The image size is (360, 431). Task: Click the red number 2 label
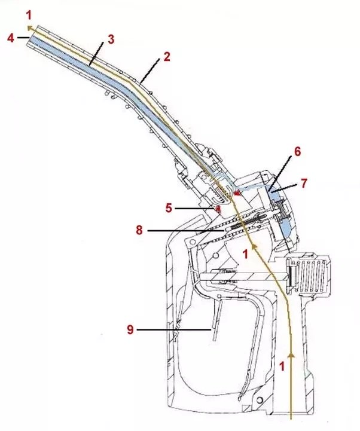[167, 57]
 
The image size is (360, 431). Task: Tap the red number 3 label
[111, 39]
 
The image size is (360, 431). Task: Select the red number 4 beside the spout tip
[10, 38]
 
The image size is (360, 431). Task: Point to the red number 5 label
[169, 208]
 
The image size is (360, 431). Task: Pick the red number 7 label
[304, 183]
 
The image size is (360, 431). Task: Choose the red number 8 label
[139, 230]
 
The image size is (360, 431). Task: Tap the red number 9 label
[130, 329]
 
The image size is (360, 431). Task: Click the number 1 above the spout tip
[29, 16]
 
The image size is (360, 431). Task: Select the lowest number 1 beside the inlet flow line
[282, 366]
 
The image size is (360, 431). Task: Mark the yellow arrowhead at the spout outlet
[29, 27]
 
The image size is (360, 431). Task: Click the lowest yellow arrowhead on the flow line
[291, 356]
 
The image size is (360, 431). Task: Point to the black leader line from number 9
[174, 329]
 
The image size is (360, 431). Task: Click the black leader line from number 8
[185, 231]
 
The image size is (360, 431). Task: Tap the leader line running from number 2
[150, 71]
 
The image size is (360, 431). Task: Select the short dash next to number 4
[23, 38]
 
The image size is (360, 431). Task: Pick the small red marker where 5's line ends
[218, 209]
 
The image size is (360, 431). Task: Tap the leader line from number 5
[195, 209]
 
